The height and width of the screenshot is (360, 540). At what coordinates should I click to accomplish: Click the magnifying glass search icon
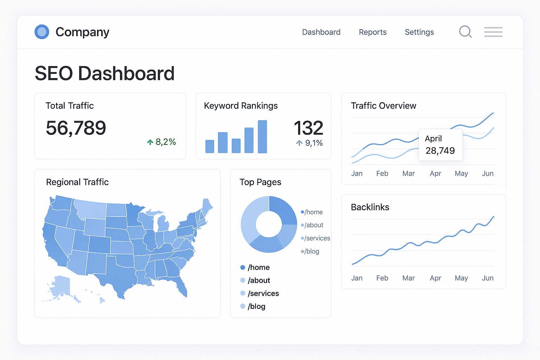465,32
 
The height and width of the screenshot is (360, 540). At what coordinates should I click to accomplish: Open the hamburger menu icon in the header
493,32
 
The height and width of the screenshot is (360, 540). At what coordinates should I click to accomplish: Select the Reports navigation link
373,32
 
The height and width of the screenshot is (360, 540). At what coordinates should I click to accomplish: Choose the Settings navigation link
419,32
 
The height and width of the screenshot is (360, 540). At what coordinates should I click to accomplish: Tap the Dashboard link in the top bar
321,32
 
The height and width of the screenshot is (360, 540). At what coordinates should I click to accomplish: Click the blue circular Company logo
42,32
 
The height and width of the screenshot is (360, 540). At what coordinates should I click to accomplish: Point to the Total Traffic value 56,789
76,128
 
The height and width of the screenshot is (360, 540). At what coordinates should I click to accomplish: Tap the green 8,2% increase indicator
162,142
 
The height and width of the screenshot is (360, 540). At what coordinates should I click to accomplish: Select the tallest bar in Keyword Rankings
262,137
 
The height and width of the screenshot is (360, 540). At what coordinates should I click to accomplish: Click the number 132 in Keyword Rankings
308,128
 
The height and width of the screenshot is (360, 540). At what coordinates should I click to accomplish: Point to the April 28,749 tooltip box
440,145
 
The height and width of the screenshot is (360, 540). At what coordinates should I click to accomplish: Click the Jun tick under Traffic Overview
488,173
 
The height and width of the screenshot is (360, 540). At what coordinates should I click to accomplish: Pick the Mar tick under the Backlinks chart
409,278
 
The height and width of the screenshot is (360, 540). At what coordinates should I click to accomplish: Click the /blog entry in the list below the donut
256,306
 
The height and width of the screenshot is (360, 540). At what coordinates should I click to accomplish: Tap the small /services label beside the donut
317,238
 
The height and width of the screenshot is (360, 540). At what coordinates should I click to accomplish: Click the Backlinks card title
370,207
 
